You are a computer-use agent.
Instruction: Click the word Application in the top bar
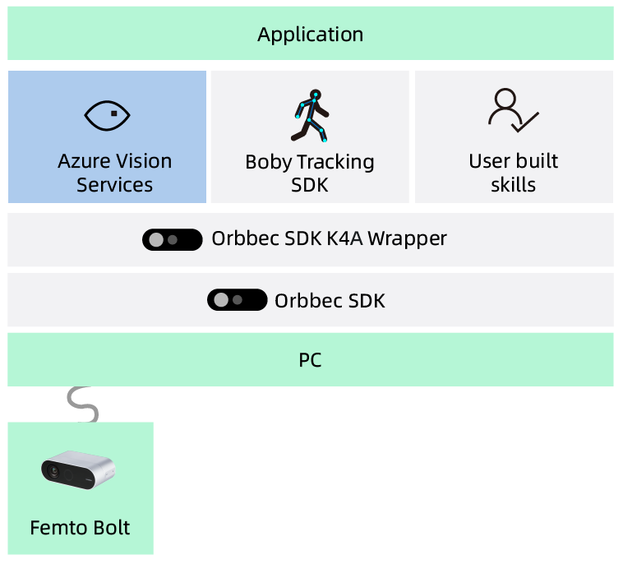[310, 35]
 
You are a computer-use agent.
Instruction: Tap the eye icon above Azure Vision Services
[108, 115]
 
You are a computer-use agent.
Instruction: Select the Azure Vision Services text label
[114, 173]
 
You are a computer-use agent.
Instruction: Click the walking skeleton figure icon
[310, 115]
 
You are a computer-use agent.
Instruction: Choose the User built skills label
[513, 173]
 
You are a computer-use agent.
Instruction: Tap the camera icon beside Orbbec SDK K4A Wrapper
[173, 239]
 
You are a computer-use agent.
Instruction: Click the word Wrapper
[407, 238]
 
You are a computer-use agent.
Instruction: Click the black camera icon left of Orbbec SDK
[237, 300]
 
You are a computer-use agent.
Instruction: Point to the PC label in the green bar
[310, 360]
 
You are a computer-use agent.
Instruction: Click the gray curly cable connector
[83, 404]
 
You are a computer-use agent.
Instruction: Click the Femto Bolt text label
[80, 527]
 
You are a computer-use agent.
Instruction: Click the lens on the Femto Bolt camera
[53, 471]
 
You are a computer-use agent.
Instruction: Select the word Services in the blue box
[114, 185]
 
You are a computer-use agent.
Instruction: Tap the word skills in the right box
[513, 185]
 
